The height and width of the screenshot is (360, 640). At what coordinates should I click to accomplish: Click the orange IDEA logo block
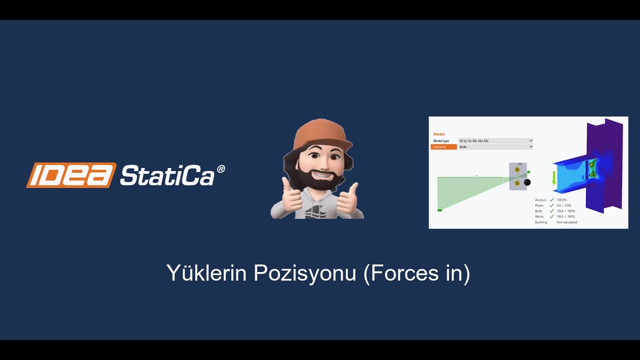point(71,175)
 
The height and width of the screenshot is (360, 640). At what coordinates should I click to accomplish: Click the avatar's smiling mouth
point(319,177)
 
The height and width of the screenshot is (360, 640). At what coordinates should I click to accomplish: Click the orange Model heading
point(438,134)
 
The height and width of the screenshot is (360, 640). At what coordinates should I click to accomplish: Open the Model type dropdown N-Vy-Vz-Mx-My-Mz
point(495,141)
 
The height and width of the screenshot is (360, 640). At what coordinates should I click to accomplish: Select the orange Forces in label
point(443,147)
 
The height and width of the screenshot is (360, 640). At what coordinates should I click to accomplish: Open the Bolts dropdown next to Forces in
point(495,147)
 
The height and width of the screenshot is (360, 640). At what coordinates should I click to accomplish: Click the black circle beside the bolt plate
point(527,182)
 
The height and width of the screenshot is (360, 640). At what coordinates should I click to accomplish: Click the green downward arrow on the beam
point(554,178)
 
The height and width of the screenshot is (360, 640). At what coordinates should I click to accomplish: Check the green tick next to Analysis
point(551,200)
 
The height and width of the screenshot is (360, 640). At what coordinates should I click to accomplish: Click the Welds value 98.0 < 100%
point(566,216)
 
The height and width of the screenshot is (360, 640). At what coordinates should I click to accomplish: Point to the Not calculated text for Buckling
point(566,222)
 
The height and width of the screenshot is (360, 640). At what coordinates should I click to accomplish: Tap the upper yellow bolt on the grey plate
point(517,170)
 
